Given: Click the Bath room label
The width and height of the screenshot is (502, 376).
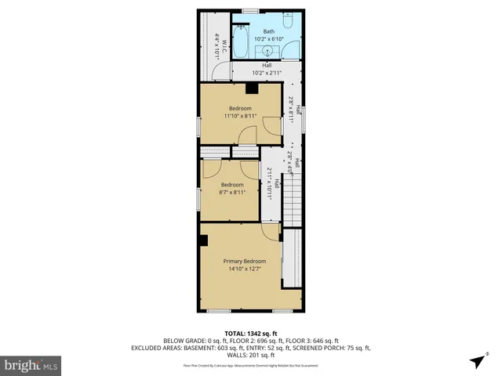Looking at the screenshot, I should tap(269, 31).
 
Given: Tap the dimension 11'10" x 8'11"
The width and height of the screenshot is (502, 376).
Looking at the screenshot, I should tap(240, 116).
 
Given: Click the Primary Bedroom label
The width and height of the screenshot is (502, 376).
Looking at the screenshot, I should tap(245, 261).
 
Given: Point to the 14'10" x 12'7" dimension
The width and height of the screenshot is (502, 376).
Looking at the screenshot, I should tap(245, 269).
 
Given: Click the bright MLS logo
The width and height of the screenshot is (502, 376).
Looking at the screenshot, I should tap(31, 365).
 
